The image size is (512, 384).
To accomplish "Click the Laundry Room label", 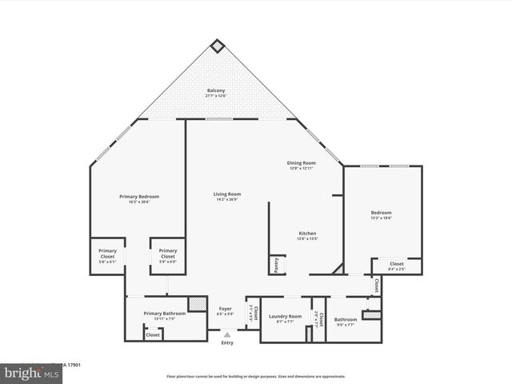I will (x=285, y=318).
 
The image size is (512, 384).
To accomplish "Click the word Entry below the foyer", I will (x=227, y=343).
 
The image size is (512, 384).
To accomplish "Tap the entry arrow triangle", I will (x=227, y=334).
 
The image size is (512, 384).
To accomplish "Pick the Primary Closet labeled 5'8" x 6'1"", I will (x=107, y=255).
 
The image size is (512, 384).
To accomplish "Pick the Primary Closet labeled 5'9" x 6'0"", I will (x=168, y=255).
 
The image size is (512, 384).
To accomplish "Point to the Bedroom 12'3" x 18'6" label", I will (x=381, y=214).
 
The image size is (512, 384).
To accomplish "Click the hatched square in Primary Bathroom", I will (x=197, y=304).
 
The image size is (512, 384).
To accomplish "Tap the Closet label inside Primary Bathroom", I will (x=153, y=334).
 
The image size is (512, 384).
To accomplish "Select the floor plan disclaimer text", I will (x=256, y=376).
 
